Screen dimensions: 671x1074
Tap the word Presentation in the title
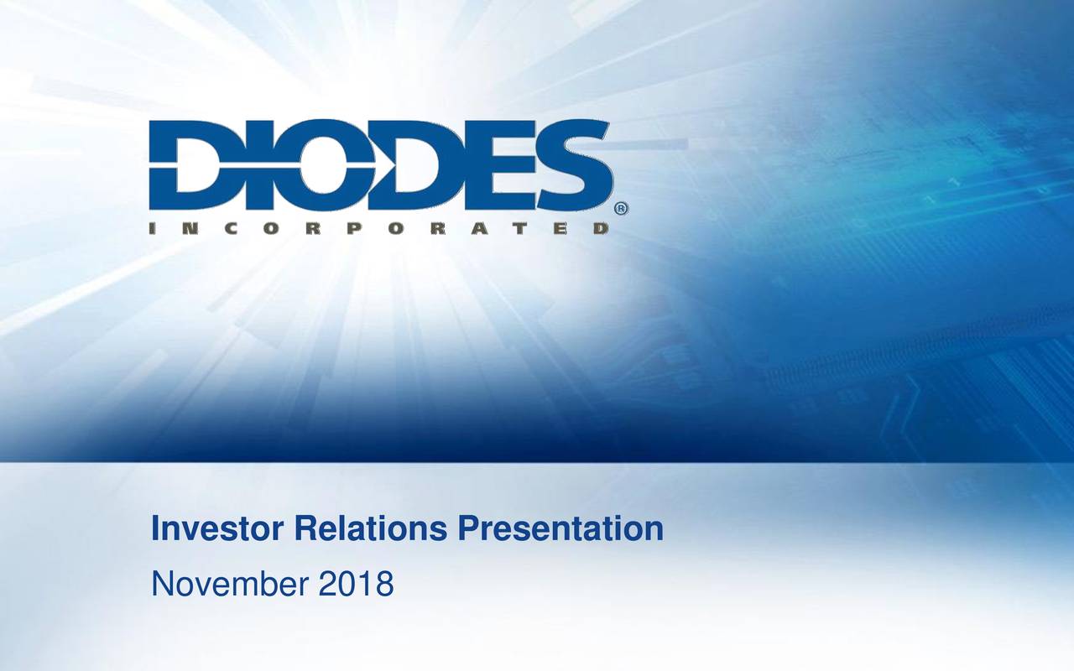[x=560, y=529]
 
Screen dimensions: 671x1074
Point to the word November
[x=229, y=583]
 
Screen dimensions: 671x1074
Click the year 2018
[x=356, y=583]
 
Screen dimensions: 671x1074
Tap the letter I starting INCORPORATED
[x=155, y=228]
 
